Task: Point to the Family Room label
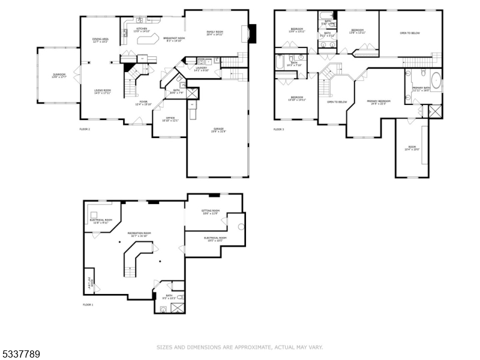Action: tap(215, 33)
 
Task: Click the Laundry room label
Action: tap(201, 69)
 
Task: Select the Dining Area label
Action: tap(100, 40)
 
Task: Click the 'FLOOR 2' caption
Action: tap(85, 129)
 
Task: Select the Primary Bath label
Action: tap(421, 89)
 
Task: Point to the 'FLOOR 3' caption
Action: tap(278, 129)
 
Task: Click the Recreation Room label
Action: tap(139, 233)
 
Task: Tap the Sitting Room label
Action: tap(211, 212)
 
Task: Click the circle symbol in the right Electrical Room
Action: tap(241, 226)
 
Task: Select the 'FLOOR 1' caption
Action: tap(88, 305)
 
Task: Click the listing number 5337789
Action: tap(20, 355)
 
